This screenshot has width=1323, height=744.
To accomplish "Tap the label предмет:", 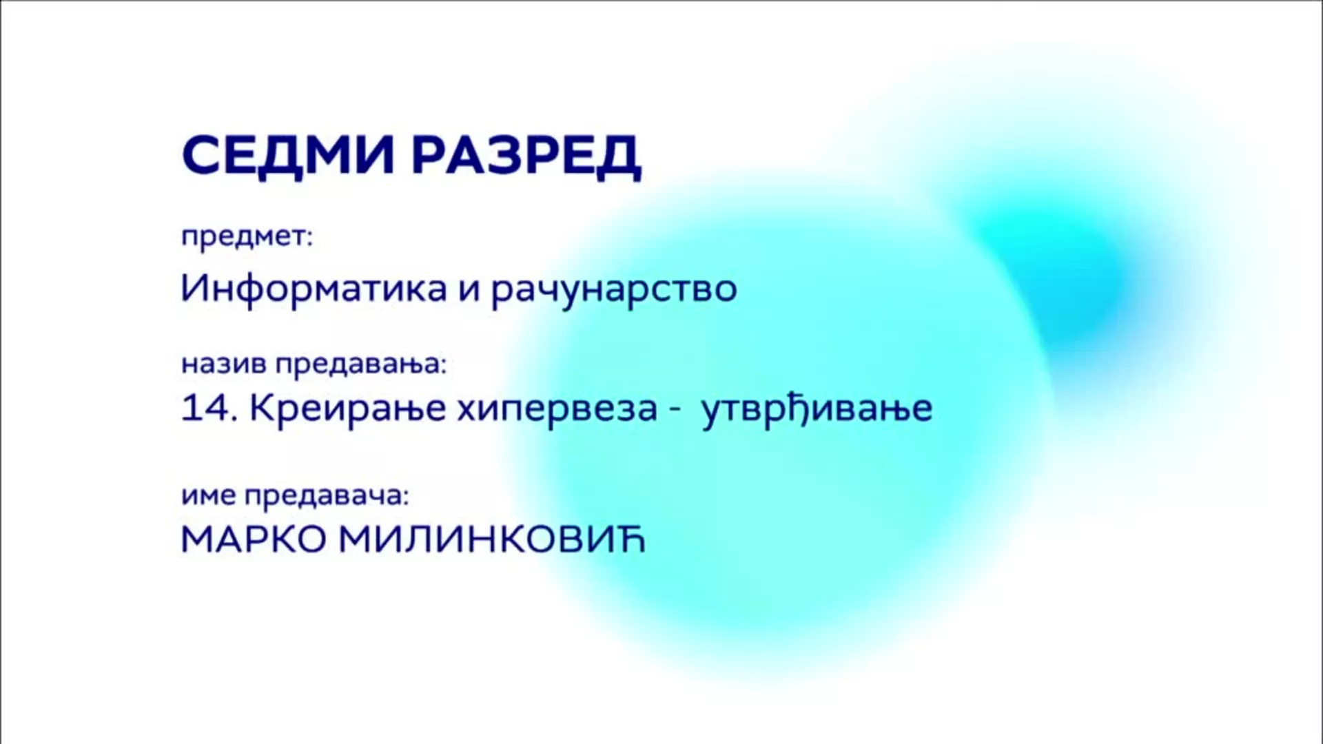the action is point(247,238).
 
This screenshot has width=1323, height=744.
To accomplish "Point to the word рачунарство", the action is point(614,290).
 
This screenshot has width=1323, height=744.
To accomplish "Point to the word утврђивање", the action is point(817,410).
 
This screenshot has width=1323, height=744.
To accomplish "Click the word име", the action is point(208,497).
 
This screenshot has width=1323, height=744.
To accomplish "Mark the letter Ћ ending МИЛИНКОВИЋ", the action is point(630,538).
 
